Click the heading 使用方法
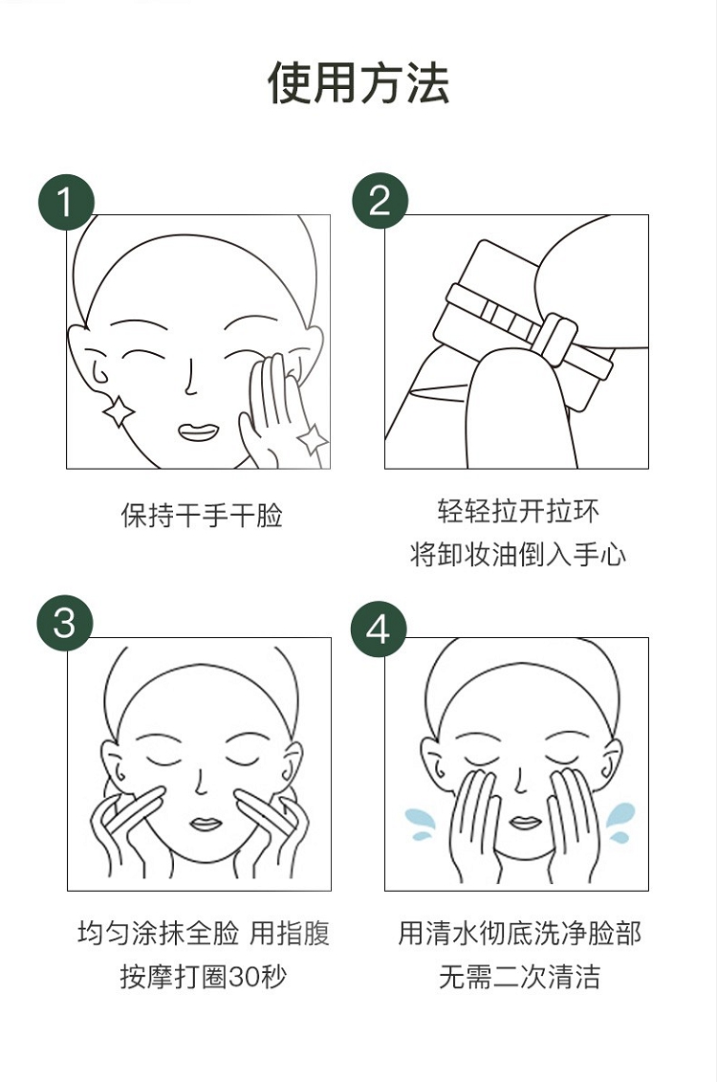point(358,83)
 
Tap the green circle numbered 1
point(66,202)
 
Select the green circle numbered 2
point(380,201)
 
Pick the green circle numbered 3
point(64,623)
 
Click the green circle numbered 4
point(379,629)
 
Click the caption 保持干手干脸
point(202,516)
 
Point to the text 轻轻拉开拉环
point(518,511)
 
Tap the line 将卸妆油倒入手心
point(518,554)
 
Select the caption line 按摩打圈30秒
point(203,977)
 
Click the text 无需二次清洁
point(519,977)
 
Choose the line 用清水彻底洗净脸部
point(519,933)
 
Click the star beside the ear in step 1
point(119,411)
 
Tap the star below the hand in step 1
point(313,439)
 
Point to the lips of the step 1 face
point(199,431)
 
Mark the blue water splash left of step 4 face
point(420,824)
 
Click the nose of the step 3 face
point(201,782)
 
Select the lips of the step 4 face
point(525,823)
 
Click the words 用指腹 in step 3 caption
point(290,933)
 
